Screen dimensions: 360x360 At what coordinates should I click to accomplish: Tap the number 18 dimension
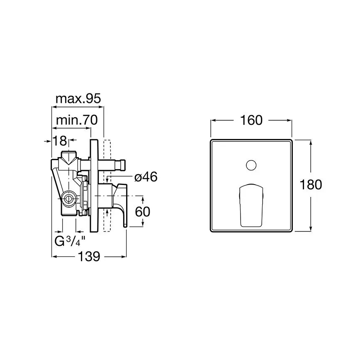tap(60, 141)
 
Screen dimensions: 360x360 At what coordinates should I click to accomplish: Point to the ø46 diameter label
tap(146, 177)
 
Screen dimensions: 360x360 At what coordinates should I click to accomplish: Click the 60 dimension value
tap(142, 212)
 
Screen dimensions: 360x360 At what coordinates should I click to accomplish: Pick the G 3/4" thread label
tap(70, 241)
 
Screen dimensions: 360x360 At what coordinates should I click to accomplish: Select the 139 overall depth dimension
tap(89, 257)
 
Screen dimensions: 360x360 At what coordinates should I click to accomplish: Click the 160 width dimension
tap(252, 120)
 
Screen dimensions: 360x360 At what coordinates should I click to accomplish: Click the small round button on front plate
tap(251, 165)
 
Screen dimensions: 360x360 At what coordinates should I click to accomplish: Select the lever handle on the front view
tap(251, 205)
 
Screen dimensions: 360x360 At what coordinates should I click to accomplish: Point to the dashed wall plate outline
tap(108, 187)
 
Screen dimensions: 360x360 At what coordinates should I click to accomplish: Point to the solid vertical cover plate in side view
tap(94, 187)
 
